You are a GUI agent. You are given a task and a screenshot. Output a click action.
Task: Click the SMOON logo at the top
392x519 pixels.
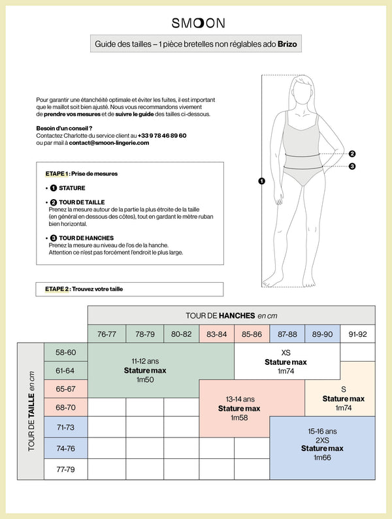tap(199, 23)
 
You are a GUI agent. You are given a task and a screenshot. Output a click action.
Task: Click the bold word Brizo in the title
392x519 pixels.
tap(287, 45)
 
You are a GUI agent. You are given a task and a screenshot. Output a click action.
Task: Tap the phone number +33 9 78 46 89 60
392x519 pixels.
tap(162, 135)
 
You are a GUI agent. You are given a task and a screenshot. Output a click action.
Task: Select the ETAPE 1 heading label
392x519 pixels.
tap(57, 174)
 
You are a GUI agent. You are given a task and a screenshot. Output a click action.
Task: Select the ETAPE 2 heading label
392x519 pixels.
tap(57, 289)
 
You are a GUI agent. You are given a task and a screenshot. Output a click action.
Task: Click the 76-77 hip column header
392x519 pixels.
tap(106, 334)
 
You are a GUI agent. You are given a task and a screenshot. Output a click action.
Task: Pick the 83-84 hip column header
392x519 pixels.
tap(216, 334)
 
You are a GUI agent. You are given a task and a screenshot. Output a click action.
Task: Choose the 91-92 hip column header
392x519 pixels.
tap(357, 334)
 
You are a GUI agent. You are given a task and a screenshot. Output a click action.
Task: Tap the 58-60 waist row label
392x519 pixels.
tap(65, 352)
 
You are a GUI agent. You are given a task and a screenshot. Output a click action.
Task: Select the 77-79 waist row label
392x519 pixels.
tap(65, 469)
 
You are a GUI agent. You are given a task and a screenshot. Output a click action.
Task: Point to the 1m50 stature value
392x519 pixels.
tap(145, 379)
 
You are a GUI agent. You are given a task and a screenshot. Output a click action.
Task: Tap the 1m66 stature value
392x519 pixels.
tap(322, 458)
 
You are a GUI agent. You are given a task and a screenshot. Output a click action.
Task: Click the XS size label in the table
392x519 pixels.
tap(286, 353)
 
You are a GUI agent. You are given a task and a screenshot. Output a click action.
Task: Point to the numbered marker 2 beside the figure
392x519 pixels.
tap(352, 154)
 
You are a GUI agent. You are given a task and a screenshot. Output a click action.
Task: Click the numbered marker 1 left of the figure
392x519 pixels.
tap(261, 181)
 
